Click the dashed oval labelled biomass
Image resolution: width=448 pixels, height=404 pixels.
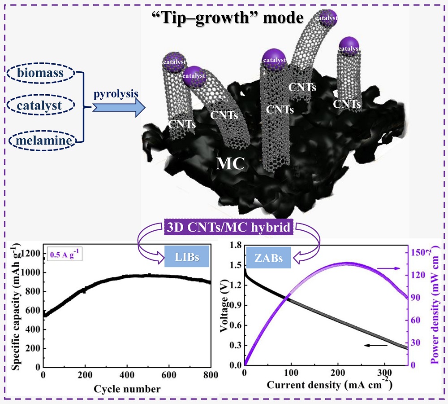41,72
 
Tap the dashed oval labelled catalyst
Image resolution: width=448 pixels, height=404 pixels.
41,106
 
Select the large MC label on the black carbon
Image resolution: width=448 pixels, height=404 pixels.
230,164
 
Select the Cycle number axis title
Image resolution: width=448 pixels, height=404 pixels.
127,388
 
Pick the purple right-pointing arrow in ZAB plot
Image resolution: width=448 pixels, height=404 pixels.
387,268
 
